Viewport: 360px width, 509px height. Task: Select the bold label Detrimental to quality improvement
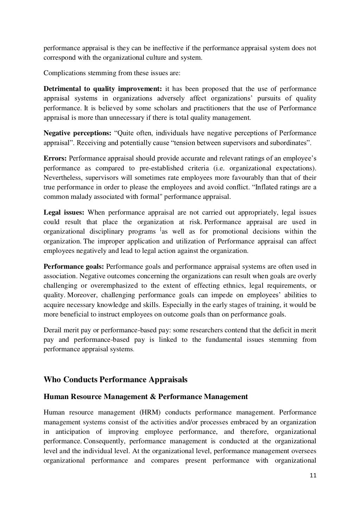102,89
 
